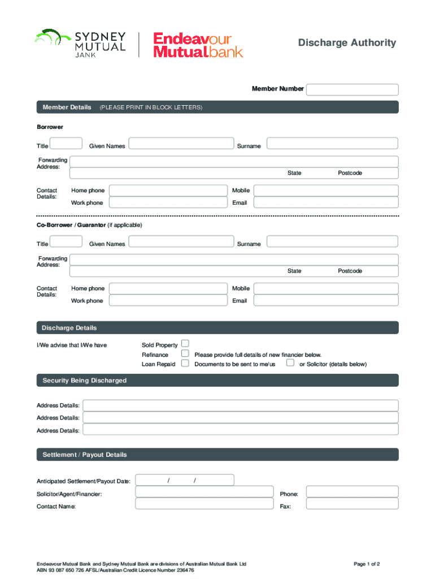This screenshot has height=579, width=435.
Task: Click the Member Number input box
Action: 352,89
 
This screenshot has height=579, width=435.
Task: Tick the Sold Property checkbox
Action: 185,344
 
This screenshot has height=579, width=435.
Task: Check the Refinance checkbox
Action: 185,353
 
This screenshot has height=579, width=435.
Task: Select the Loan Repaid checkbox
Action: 185,363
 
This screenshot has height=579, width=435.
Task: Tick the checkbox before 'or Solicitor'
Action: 290,363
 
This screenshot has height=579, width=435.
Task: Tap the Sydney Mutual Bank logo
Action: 80,44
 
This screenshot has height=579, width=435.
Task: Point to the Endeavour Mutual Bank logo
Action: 198,45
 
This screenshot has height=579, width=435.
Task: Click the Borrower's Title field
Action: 67,144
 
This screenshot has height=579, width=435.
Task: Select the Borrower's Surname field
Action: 332,144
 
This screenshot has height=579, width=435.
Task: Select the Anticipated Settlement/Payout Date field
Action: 185,481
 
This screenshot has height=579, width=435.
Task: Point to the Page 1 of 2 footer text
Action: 367,564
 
